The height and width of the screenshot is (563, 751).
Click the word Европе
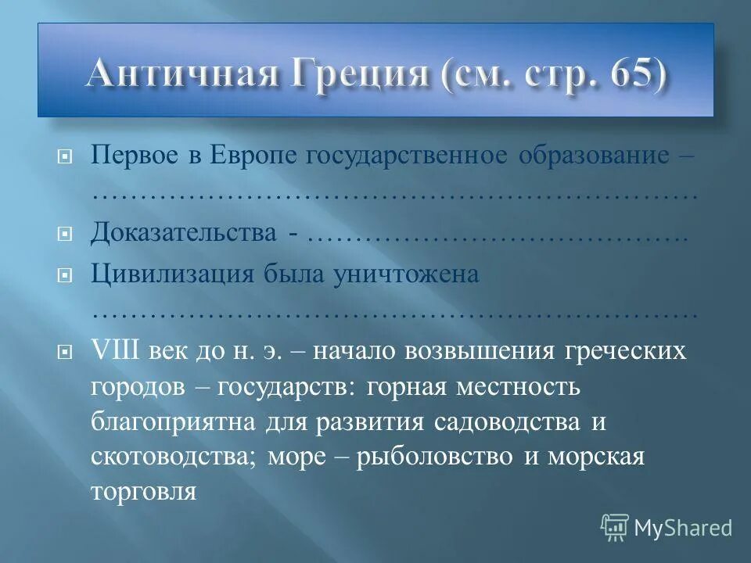click(243, 154)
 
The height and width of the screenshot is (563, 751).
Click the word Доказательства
click(184, 232)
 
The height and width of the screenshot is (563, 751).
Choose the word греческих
click(626, 350)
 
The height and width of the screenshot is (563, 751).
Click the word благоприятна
click(173, 421)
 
